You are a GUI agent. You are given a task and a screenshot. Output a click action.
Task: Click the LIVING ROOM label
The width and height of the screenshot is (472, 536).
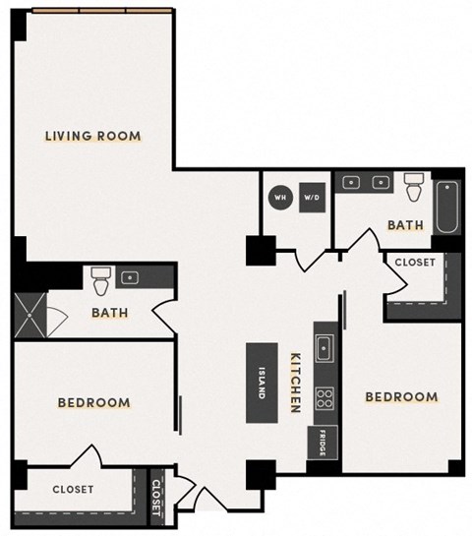click(93, 136)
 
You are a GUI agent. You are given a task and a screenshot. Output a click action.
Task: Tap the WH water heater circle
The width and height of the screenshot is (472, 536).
click(279, 195)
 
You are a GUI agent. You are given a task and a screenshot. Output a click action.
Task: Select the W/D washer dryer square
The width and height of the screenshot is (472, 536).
click(312, 195)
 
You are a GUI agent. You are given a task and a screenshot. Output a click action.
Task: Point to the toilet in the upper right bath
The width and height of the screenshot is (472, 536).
click(412, 187)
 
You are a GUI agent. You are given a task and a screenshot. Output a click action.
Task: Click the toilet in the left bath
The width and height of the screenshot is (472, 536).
click(99, 282)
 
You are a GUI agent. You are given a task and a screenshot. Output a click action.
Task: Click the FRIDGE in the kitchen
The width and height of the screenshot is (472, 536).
click(322, 445)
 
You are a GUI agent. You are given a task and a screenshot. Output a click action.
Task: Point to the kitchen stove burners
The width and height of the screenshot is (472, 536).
click(324, 398)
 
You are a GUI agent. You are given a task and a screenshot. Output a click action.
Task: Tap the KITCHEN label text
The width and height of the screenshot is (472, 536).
click(293, 383)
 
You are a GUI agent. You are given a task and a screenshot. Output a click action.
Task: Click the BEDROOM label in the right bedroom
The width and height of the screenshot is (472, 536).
click(401, 397)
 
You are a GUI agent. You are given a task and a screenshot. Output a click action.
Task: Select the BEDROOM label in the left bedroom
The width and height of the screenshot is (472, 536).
click(93, 403)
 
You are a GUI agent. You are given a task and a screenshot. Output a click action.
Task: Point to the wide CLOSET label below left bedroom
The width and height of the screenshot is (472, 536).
click(73, 489)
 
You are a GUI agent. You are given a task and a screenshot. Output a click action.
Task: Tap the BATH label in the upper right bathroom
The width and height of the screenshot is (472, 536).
click(405, 225)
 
